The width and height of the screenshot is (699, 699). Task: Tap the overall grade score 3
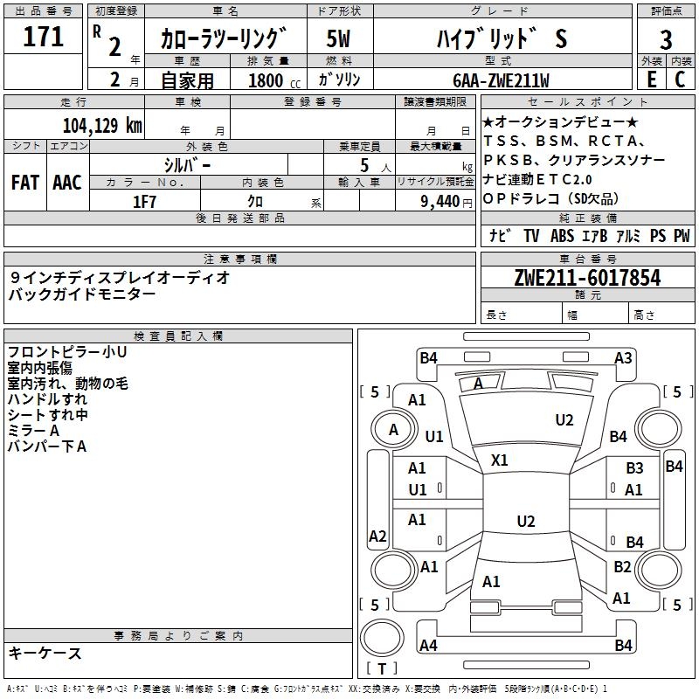[x=666, y=40]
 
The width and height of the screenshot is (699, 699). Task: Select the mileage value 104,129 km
[x=102, y=125]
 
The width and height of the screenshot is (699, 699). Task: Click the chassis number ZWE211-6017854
[x=587, y=278]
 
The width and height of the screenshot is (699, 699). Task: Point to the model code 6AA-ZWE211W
[x=501, y=80]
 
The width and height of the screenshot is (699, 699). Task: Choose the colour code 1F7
[x=144, y=201]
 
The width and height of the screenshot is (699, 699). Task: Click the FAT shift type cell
[x=24, y=182]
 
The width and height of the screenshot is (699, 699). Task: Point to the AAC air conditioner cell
[x=66, y=182]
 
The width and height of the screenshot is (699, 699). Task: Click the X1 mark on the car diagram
[x=500, y=460]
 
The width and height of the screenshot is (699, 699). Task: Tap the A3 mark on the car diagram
[x=623, y=357]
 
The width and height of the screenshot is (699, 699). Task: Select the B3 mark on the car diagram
[x=634, y=468]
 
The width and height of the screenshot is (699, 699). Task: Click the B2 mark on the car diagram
[x=622, y=567]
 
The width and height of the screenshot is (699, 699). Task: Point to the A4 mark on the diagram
[x=428, y=645]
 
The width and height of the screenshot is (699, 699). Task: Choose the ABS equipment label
[x=562, y=236]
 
